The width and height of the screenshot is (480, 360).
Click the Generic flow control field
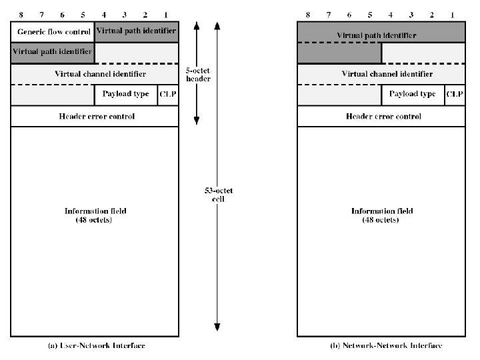tap(53, 31)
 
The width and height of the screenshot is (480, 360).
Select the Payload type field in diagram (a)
tap(126, 95)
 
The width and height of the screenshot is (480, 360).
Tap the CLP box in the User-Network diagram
tap(168, 95)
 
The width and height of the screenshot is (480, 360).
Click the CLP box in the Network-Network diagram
tap(455, 95)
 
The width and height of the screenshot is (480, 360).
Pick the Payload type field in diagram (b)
tap(413, 95)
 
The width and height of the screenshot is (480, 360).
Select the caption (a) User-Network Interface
tap(97, 345)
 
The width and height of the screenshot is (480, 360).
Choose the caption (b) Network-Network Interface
tap(386, 345)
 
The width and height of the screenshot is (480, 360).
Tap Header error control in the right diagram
tap(383, 116)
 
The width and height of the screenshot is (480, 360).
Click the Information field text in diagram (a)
tap(95, 215)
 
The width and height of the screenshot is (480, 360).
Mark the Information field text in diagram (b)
tap(382, 215)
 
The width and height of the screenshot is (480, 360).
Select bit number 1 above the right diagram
tap(452, 14)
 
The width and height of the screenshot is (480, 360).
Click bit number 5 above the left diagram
tap(83, 14)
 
